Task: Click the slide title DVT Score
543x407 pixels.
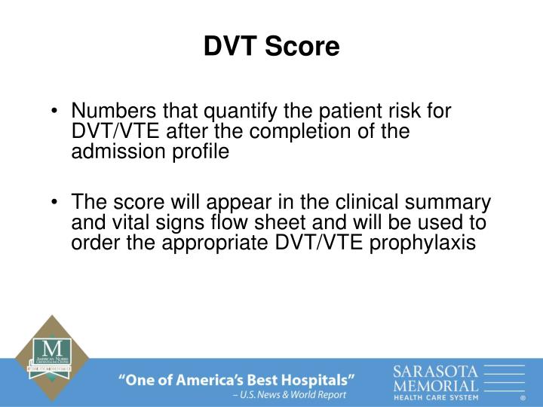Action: point(271,47)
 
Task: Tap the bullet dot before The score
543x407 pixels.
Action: point(58,204)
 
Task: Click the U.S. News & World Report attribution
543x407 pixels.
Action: point(290,395)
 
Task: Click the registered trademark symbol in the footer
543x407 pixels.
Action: point(523,397)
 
